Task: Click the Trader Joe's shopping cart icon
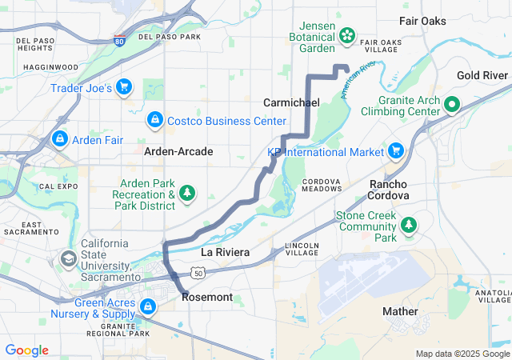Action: (x=124, y=86)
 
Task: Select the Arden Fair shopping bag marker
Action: (x=59, y=139)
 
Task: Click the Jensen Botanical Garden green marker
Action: (x=348, y=34)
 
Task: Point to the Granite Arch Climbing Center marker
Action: (x=451, y=105)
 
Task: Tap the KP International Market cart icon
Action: (x=395, y=150)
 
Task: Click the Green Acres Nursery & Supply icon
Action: (x=148, y=306)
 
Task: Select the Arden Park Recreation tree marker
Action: (x=188, y=193)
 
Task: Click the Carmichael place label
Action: (x=292, y=102)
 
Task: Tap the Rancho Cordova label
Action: (x=389, y=190)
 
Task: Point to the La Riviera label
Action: (x=225, y=252)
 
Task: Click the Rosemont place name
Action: (x=207, y=297)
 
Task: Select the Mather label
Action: (x=400, y=311)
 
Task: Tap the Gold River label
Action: (x=482, y=75)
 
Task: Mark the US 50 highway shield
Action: (x=198, y=273)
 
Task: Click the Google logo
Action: (x=27, y=350)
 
